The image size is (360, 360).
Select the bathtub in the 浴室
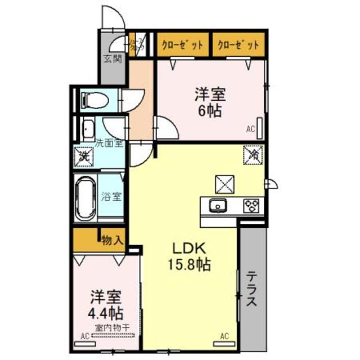85,197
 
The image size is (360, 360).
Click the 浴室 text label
111,197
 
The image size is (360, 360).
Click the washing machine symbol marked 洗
84,155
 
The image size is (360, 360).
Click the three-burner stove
250,206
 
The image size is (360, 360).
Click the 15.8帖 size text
191,264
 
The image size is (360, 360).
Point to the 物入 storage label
112,241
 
